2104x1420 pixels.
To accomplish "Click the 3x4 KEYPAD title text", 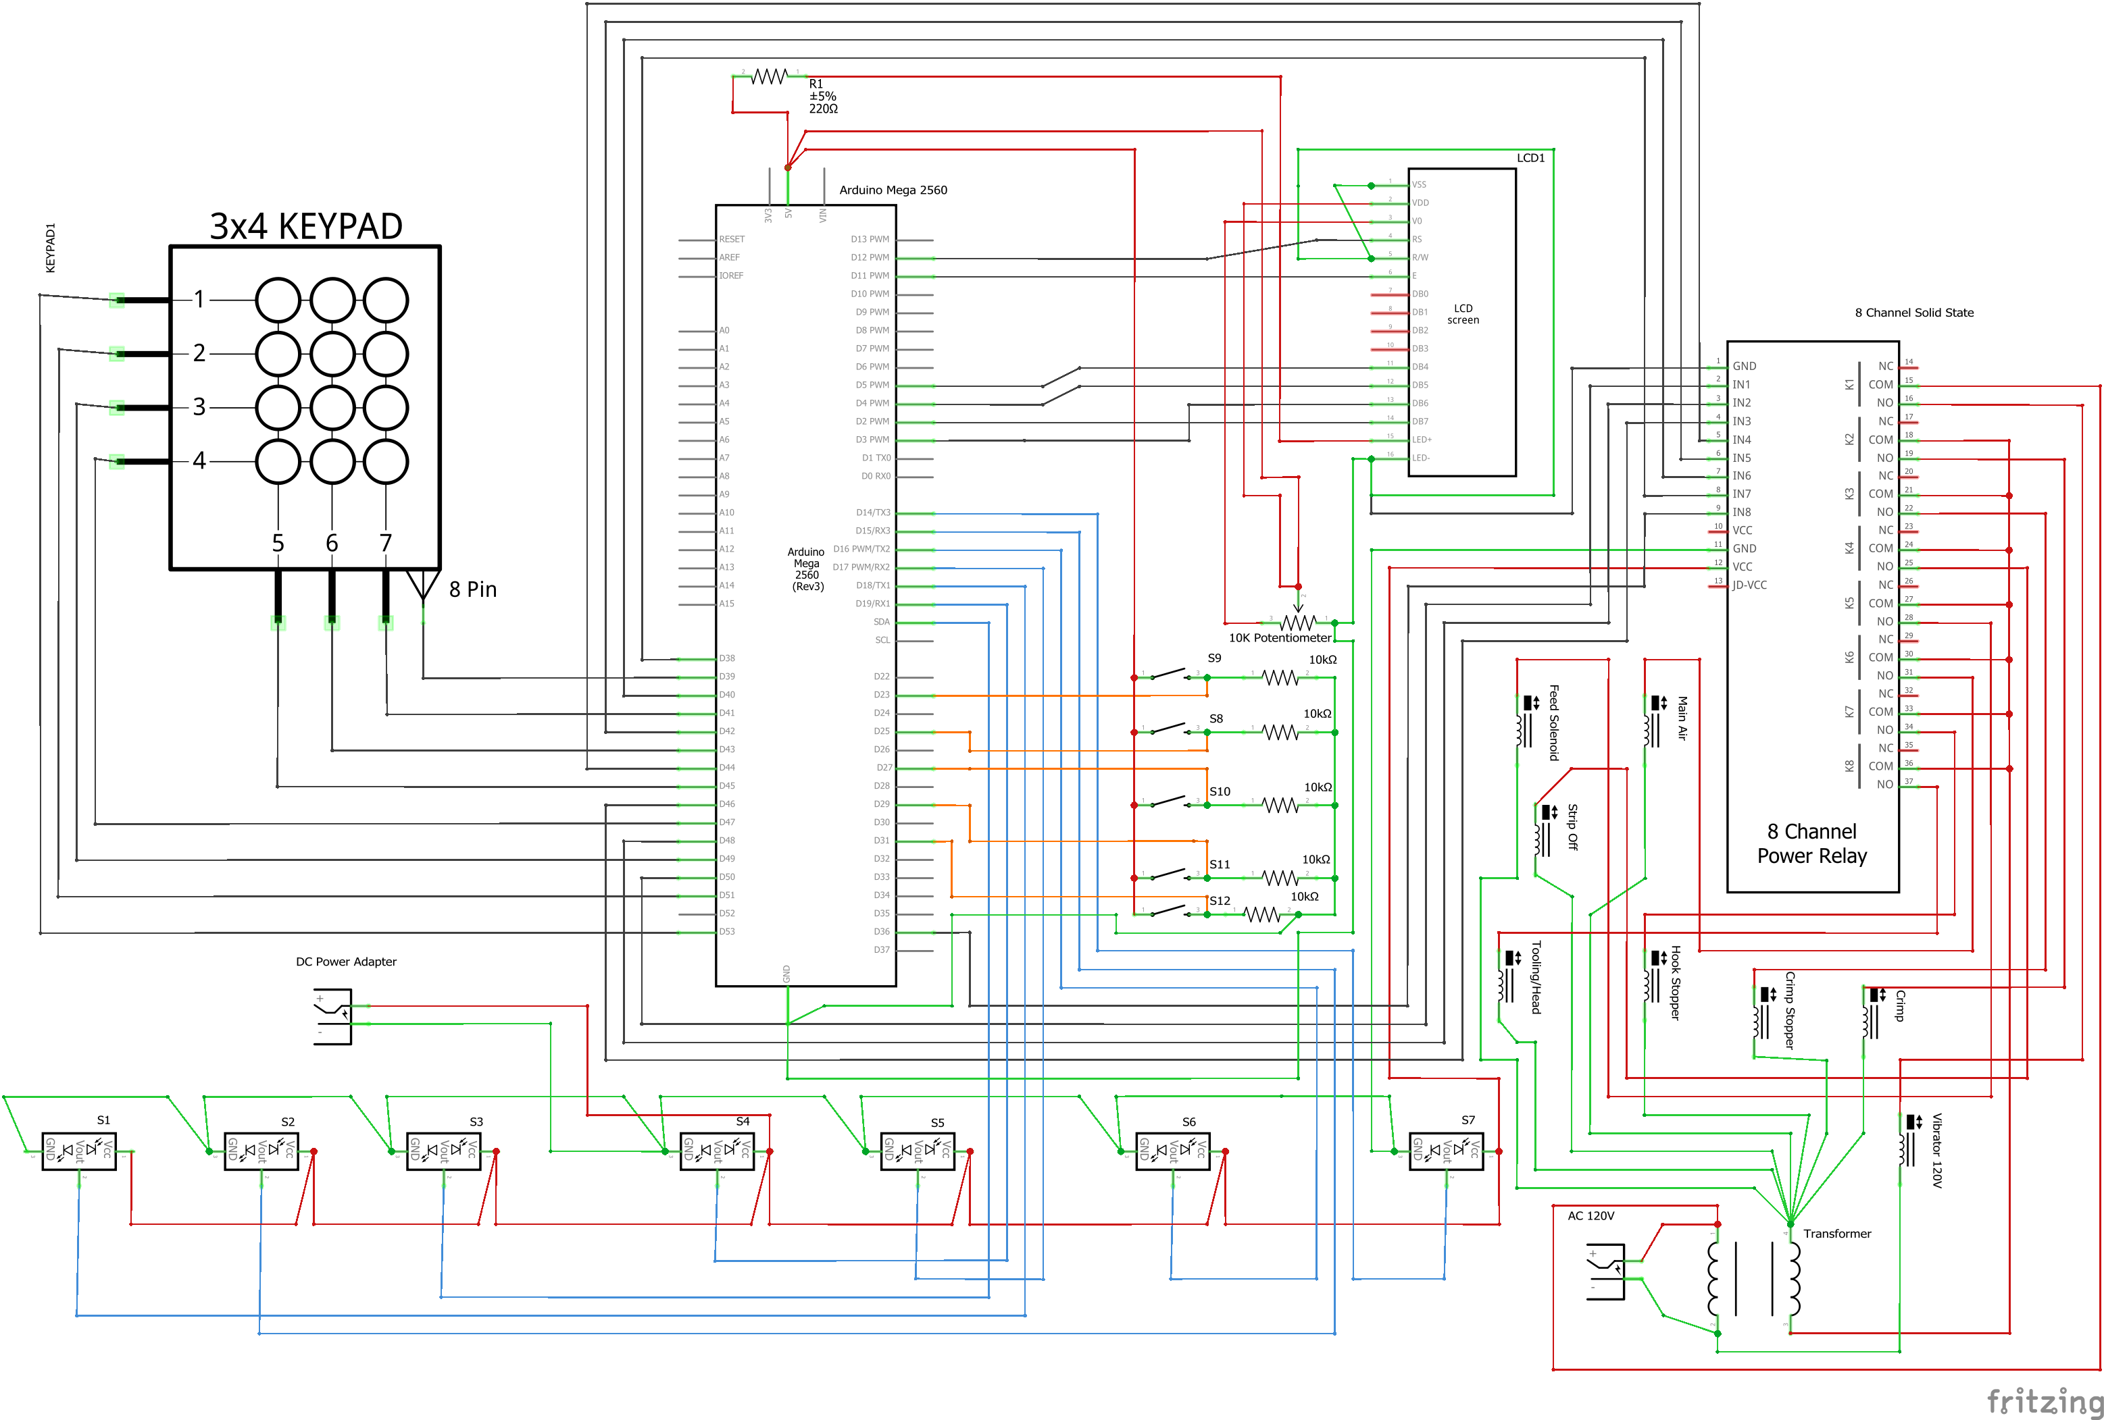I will click(x=306, y=226).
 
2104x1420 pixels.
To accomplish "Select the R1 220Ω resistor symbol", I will click(x=770, y=77).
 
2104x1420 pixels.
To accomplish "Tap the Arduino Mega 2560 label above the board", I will click(x=893, y=190).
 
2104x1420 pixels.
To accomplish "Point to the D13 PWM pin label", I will click(x=869, y=240).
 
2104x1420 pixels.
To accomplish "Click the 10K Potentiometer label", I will click(x=1279, y=638).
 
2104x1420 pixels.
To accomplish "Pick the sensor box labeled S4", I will click(x=716, y=1151).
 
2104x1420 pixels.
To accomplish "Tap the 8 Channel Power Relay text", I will click(x=1811, y=843).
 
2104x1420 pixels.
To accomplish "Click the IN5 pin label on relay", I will click(x=1741, y=458).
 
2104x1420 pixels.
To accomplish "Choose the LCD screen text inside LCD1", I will click(x=1463, y=314).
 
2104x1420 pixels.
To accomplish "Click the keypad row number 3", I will click(x=199, y=407).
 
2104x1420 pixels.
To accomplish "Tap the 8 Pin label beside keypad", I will click(x=472, y=590).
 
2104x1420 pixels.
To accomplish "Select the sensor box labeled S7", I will click(x=1446, y=1151).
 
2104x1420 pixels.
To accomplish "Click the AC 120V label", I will click(x=1590, y=1215).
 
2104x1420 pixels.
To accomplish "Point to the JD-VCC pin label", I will click(x=1749, y=585).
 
